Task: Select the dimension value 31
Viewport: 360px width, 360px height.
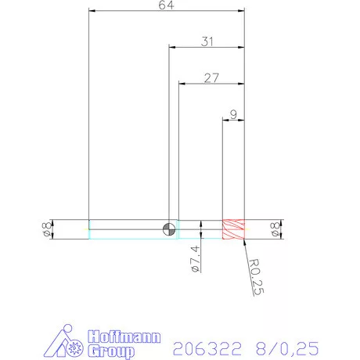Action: [207, 41]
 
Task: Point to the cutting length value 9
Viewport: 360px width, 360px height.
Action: [233, 114]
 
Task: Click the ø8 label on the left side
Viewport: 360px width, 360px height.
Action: [46, 229]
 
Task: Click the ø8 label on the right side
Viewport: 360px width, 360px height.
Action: [274, 229]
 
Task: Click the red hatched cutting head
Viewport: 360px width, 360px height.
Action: [234, 229]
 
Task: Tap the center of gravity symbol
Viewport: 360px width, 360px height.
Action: [168, 229]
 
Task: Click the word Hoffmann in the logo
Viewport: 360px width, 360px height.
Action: [125, 337]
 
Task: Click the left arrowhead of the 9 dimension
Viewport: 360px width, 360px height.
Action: [227, 120]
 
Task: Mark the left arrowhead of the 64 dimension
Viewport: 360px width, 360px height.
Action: [93, 12]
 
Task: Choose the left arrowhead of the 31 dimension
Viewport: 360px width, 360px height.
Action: [172, 47]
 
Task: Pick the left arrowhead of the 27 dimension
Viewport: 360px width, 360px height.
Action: [182, 83]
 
